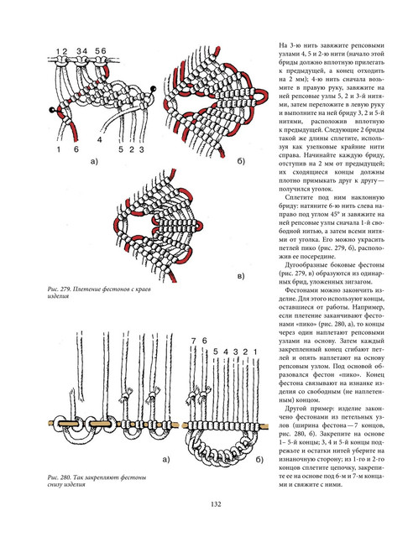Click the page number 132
tap(216, 504)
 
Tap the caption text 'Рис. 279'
tap(59, 289)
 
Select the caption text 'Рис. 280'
tap(59, 477)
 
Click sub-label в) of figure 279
tap(241, 276)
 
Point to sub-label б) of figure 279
tap(241, 161)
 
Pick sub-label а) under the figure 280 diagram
tap(166, 460)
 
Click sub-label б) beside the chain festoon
tap(259, 460)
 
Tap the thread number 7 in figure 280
tap(194, 341)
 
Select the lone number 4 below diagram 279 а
tap(100, 140)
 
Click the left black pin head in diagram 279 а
tap(52, 110)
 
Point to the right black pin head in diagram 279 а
tap(154, 89)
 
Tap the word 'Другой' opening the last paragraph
tap(295, 409)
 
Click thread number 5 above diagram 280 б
tap(215, 352)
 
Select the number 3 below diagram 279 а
tap(141, 149)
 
